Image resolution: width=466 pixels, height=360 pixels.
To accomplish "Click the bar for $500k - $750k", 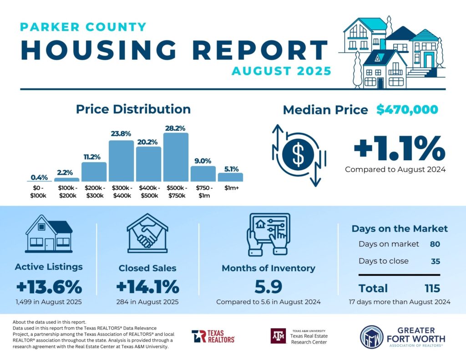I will (176, 157).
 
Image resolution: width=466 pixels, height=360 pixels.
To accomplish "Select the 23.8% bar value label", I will (121, 134).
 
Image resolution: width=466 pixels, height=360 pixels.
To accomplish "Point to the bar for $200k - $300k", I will (94, 172).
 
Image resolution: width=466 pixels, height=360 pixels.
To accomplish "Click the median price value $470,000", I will (407, 110).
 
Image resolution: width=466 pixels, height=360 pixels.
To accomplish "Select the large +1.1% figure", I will (399, 148).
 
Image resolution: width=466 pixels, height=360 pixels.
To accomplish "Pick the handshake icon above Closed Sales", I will (147, 233).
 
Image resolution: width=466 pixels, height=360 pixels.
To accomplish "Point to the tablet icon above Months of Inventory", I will (268, 233).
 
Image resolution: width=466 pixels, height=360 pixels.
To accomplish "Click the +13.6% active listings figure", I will (49, 287).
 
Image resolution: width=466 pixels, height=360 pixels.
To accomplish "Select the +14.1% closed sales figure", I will (147, 287).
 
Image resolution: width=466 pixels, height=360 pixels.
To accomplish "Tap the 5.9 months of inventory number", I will (268, 287).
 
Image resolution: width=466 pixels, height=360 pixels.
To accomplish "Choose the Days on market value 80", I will (435, 244).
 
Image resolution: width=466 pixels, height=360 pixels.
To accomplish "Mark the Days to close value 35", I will (435, 261).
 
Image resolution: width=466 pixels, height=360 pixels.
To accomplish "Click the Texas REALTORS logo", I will (213, 336).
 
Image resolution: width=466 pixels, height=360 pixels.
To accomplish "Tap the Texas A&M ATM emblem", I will (278, 336).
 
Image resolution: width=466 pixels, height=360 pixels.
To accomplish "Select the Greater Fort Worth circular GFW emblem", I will (372, 337).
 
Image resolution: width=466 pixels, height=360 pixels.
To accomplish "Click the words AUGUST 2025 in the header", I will (281, 71).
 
